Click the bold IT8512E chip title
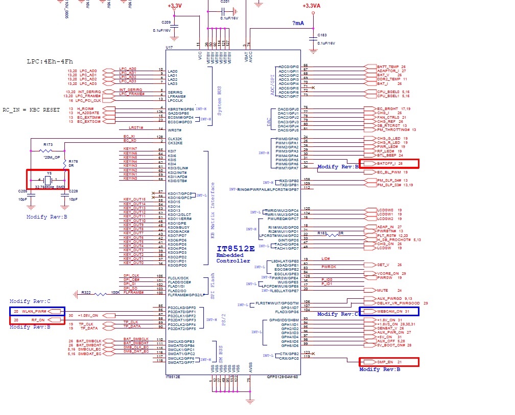click(x=236, y=249)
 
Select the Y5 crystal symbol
click(x=49, y=180)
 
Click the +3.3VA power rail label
click(x=311, y=6)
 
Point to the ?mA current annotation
click(x=298, y=24)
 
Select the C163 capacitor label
click(x=322, y=35)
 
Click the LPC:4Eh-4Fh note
click(x=50, y=61)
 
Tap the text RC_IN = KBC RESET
click(x=31, y=110)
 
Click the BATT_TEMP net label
click(x=388, y=67)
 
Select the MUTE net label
click(x=383, y=290)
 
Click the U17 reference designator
click(x=169, y=48)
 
